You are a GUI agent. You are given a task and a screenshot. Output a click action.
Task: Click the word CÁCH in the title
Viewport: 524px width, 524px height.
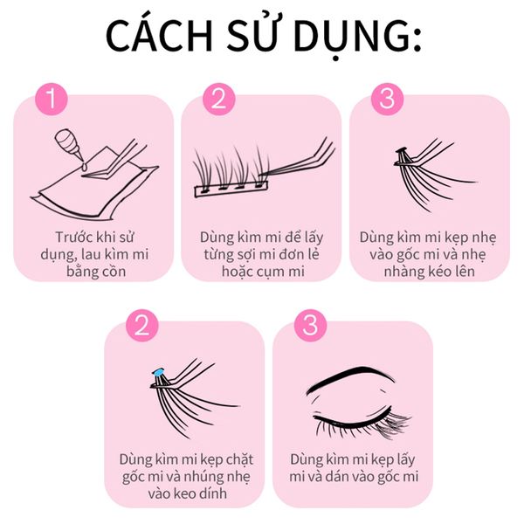(159, 36)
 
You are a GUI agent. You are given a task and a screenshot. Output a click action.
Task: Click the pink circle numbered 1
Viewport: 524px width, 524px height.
(52, 99)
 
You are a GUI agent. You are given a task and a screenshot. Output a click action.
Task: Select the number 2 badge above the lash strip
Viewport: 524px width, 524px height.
(219, 99)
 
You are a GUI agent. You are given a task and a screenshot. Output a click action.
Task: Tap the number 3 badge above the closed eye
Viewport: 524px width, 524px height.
(310, 325)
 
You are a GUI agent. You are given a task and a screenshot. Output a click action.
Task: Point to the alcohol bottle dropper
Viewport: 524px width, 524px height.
(69, 143)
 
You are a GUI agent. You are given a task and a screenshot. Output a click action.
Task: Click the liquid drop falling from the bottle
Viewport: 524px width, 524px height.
(84, 166)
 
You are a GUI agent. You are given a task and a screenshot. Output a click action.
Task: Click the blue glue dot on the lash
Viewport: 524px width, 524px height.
(158, 372)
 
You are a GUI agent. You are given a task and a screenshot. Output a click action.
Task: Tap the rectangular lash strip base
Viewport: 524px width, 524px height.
(231, 190)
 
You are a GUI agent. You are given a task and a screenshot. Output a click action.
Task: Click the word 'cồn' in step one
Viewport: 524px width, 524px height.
(114, 272)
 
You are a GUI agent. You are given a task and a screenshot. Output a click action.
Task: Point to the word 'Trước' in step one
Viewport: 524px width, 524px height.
(74, 238)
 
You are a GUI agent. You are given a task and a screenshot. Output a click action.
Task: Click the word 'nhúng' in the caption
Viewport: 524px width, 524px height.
(198, 477)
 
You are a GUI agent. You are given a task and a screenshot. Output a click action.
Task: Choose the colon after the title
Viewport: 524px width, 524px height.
(417, 41)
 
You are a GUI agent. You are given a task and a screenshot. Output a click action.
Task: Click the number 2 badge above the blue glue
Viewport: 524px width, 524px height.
(142, 325)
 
